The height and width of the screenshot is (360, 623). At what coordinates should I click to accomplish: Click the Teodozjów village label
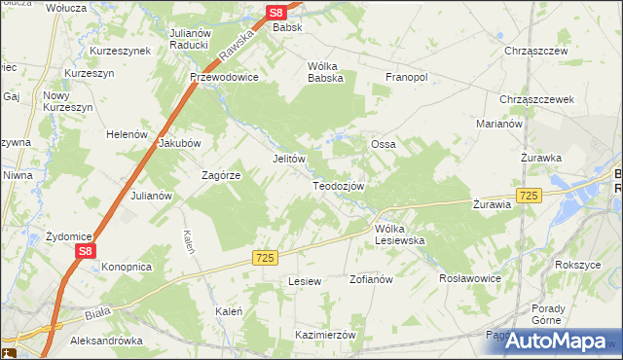tap(338, 186)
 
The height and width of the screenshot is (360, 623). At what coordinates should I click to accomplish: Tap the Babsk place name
tap(287, 27)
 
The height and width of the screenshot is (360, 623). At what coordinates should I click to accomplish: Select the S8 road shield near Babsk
tap(276, 13)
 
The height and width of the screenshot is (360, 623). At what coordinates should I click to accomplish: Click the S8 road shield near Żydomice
tap(86, 251)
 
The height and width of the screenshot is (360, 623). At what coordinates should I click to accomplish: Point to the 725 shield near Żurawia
tap(529, 196)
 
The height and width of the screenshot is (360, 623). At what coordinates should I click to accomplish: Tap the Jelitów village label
tap(289, 159)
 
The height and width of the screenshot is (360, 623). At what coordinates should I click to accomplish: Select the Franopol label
tap(407, 77)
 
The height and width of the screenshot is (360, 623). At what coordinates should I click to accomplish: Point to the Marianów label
tap(499, 124)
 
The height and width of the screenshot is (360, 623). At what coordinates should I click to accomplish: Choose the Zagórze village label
tap(220, 175)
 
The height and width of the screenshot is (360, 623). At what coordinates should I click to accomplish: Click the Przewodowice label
tap(224, 77)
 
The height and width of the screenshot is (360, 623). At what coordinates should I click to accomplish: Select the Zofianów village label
tap(370, 279)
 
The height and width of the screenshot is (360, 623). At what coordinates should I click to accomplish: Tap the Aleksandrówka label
tap(107, 342)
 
